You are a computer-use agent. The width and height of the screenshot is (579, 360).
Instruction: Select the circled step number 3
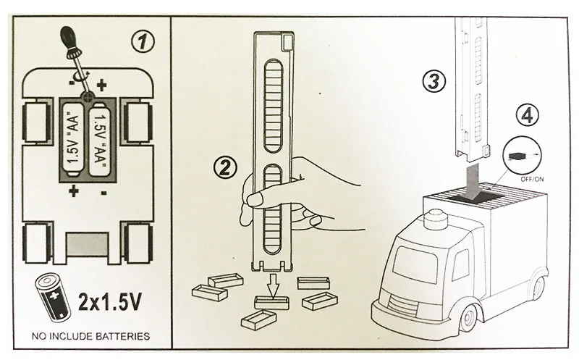click(433, 82)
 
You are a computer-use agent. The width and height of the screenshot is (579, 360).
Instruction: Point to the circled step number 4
click(528, 114)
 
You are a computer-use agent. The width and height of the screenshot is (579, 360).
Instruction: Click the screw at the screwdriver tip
click(87, 95)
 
